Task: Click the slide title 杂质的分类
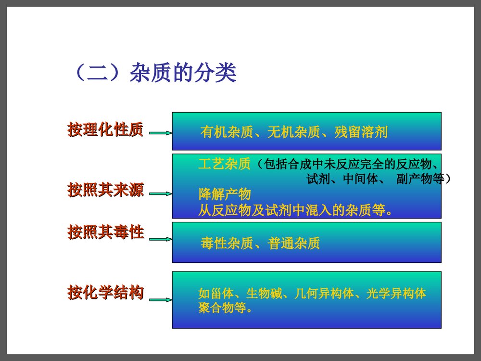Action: click(183, 73)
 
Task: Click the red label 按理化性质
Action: click(105, 130)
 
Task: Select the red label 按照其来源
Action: click(105, 190)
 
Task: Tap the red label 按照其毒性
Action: click(105, 232)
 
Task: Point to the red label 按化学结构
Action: click(105, 292)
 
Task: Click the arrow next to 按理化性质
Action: click(160, 133)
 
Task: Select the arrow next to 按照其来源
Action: click(160, 193)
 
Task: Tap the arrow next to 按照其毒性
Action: click(160, 239)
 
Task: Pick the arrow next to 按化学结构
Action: click(160, 299)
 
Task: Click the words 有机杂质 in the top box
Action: click(227, 132)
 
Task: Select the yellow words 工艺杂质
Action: click(224, 165)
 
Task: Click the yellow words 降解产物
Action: click(225, 195)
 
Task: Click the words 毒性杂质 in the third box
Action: click(227, 244)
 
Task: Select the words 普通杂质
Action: click(294, 244)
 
